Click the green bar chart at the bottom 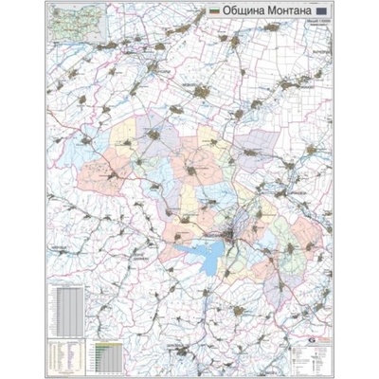click(x=106, y=353)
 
